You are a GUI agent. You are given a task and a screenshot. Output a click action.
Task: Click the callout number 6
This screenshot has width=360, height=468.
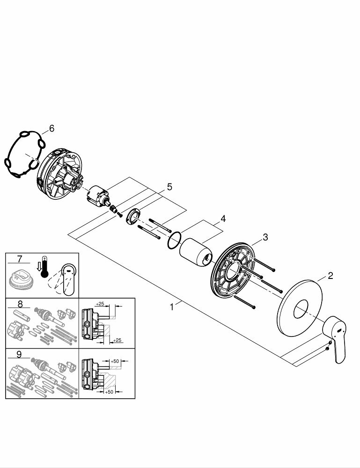point(51,128)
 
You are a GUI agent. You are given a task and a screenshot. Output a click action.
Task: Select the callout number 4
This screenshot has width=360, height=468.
point(223,219)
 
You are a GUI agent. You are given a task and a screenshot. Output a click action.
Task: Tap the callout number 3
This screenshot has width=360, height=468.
point(265,237)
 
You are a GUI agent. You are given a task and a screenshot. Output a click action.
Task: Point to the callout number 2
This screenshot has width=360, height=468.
point(330,276)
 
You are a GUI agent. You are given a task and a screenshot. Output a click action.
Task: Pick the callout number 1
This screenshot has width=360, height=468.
point(172,307)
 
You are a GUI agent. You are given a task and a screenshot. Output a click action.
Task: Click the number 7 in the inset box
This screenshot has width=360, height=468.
point(19,259)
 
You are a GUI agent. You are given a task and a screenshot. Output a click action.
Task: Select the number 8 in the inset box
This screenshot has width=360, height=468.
point(19,303)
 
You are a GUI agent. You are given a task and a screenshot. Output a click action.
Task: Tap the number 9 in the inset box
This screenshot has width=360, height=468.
point(19,354)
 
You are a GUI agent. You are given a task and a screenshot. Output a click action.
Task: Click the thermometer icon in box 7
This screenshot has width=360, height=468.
point(44,266)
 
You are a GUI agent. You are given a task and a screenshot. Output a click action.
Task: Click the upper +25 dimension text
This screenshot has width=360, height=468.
point(99,304)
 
